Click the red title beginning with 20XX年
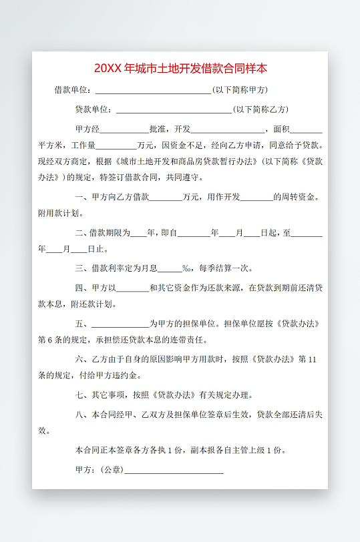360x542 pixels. click(x=180, y=68)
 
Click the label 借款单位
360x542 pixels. click(x=72, y=89)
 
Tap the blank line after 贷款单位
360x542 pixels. click(x=174, y=110)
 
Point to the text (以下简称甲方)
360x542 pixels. click(x=240, y=89)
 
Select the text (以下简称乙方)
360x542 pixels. click(x=260, y=109)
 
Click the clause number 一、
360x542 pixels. click(x=83, y=197)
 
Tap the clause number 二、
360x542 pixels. click(x=83, y=233)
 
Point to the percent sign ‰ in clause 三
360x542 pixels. click(x=186, y=268)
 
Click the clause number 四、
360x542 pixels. click(x=83, y=288)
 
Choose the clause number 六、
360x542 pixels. click(x=83, y=359)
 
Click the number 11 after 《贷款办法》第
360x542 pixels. click(x=312, y=359)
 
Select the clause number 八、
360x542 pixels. click(x=83, y=415)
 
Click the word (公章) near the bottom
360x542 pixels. click(x=112, y=470)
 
